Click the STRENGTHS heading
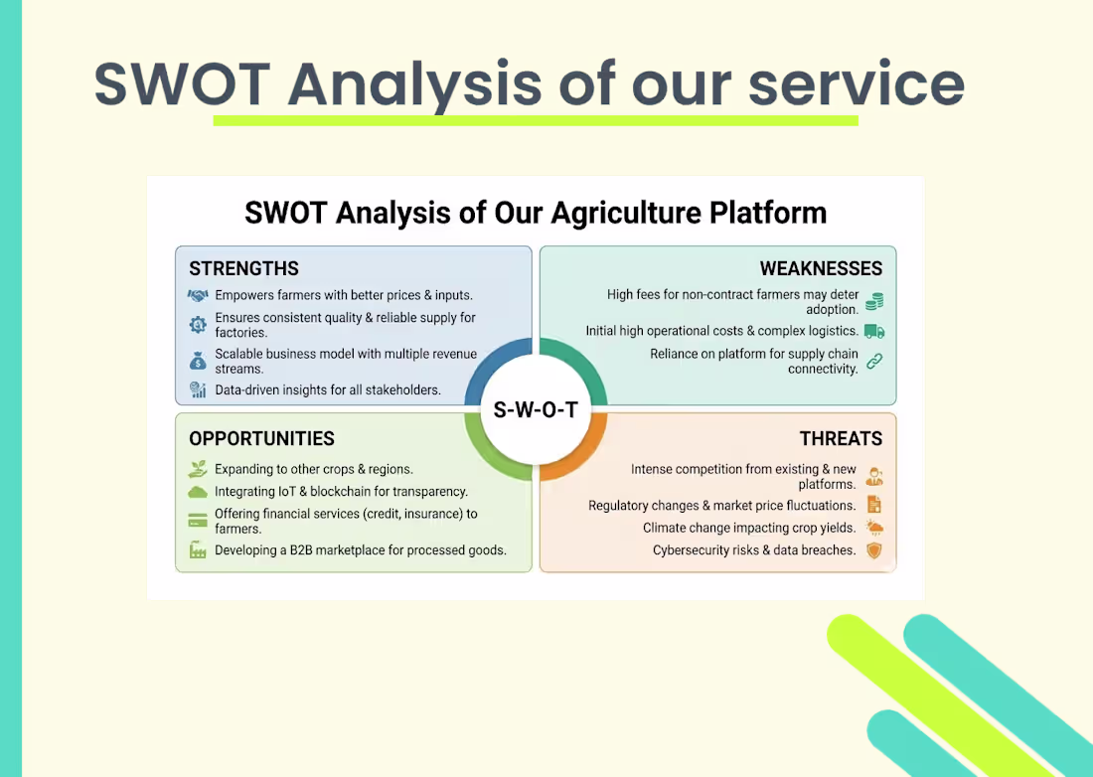[x=244, y=268]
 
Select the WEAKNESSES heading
[x=821, y=268]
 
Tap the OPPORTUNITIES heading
[x=261, y=438]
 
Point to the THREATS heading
[x=841, y=438]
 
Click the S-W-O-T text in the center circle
[x=536, y=409]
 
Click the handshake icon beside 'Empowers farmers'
[x=198, y=295]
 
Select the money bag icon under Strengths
[x=198, y=361]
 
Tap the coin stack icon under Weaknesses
[x=874, y=302]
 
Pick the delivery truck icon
[x=874, y=331]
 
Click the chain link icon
[x=874, y=361]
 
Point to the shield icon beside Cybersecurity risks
[x=874, y=550]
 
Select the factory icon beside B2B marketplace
[x=198, y=549]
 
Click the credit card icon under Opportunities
[x=198, y=521]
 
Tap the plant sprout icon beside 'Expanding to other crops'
[x=198, y=468]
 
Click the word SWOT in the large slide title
[x=183, y=84]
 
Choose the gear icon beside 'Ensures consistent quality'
[x=198, y=325]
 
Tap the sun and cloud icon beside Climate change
[x=874, y=528]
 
